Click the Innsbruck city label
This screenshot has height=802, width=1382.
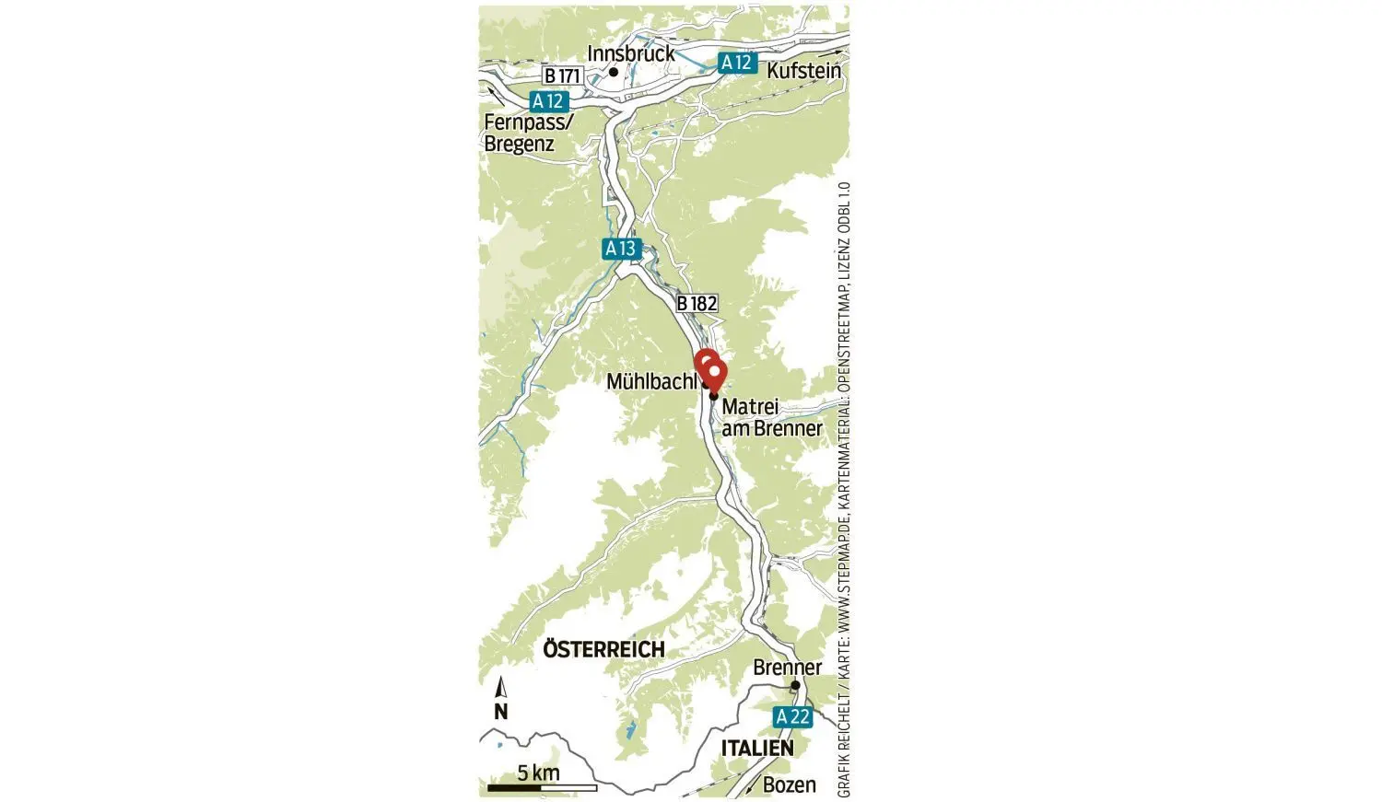click(631, 53)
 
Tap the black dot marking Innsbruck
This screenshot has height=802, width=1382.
click(613, 71)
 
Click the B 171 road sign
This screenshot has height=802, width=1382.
click(562, 76)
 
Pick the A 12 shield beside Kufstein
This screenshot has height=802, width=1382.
click(736, 63)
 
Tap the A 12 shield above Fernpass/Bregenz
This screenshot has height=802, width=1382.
click(551, 101)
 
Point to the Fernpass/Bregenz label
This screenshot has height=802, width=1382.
click(528, 133)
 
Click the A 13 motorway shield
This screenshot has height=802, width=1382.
click(621, 249)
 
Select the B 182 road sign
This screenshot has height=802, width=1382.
click(696, 303)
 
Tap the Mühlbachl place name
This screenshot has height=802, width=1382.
click(652, 381)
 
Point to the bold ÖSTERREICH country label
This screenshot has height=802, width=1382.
click(603, 649)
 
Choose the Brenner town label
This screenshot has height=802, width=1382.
click(787, 668)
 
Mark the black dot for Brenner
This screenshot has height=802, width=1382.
click(794, 685)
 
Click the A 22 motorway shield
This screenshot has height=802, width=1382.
click(792, 716)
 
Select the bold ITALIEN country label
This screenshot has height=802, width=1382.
click(756, 748)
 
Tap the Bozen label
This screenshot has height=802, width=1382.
click(789, 785)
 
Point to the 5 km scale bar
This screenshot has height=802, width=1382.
click(542, 787)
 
